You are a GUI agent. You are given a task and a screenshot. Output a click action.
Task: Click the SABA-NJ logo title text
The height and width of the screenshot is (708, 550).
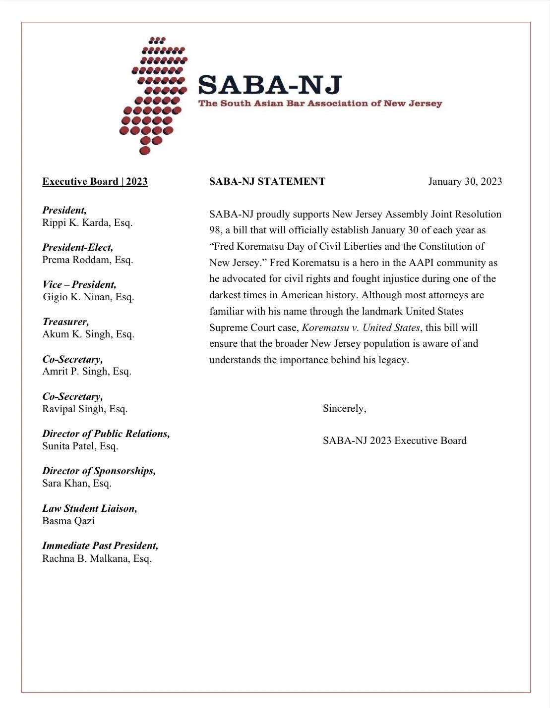(270, 85)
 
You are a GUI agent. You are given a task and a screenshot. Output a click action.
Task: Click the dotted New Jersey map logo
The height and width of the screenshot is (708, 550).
(151, 94)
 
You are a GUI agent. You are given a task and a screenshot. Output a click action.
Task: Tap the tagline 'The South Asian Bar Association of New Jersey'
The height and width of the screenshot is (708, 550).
(320, 104)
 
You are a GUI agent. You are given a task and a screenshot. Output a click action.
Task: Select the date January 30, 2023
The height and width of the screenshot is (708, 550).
(465, 181)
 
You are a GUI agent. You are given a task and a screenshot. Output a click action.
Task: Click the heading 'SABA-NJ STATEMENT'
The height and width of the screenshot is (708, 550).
(267, 181)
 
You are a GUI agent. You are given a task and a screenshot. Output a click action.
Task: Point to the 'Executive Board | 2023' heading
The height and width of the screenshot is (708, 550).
(95, 181)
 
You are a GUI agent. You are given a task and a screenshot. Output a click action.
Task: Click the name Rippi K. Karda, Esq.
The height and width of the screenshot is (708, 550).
(87, 222)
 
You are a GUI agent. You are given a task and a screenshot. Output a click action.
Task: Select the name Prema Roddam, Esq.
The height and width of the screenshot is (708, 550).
(87, 260)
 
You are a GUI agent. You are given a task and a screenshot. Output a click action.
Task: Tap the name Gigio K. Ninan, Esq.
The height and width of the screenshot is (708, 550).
(88, 297)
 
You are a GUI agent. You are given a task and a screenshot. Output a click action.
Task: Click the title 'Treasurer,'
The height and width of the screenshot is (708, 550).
(65, 322)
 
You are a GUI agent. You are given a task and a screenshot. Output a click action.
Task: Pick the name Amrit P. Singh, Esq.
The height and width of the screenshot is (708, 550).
(87, 371)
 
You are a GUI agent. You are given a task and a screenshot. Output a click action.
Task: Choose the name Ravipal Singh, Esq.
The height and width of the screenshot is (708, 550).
(85, 409)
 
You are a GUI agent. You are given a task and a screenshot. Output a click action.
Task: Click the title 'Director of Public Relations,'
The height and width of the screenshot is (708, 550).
(106, 434)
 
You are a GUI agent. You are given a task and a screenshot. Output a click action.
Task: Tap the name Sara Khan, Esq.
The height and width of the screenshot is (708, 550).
(77, 483)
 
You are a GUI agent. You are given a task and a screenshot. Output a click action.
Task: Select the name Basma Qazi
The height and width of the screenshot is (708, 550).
(68, 521)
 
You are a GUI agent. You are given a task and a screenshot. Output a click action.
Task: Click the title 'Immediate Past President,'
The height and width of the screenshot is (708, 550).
(100, 545)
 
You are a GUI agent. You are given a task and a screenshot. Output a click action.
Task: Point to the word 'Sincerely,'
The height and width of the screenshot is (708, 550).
(344, 408)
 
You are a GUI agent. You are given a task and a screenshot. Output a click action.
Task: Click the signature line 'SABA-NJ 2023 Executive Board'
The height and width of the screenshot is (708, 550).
(394, 440)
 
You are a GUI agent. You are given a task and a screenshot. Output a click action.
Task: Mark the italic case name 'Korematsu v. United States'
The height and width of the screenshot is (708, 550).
(361, 327)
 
